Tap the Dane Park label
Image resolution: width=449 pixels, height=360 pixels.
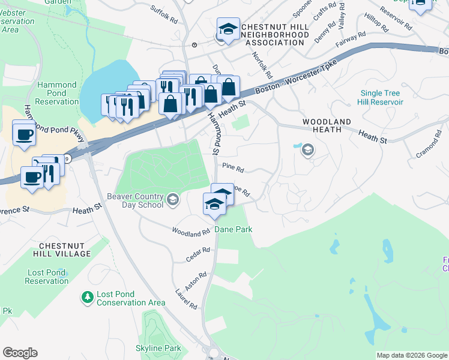point(234,229)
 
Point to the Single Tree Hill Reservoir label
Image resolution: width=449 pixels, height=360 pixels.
point(381,97)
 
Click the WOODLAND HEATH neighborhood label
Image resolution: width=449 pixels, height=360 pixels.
point(327,125)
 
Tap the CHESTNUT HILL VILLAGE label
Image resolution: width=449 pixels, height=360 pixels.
point(65,250)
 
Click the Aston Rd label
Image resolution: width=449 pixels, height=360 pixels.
point(196,281)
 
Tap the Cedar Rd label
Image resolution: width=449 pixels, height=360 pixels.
point(198,254)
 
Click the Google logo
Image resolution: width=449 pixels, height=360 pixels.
point(20,353)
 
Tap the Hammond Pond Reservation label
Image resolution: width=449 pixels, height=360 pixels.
point(57,93)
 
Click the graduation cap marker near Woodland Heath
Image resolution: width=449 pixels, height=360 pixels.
point(308,150)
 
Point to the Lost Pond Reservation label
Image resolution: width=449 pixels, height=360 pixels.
point(47,277)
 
